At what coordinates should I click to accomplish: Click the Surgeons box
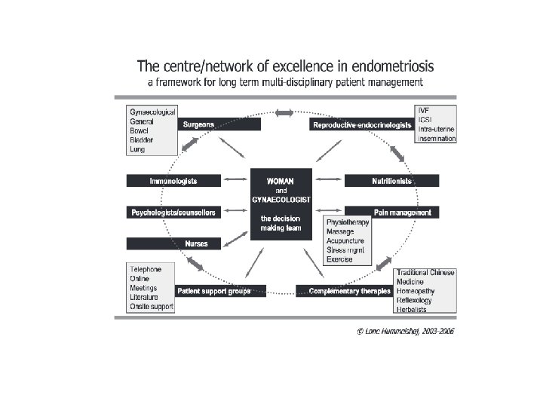pos(219,124)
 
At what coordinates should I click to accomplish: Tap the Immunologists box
pos(173,181)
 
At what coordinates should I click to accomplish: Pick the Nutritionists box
pos(391,181)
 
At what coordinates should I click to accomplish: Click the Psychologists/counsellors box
pos(173,213)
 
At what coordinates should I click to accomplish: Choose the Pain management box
pos(391,213)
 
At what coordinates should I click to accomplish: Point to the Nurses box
pos(173,243)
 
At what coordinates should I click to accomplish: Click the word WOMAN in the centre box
pos(281,181)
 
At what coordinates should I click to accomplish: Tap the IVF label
pos(425,110)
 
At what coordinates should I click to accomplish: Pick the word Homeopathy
pos(419,291)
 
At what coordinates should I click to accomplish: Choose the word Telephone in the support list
pos(146,269)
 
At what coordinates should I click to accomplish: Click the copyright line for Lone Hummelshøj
pos(406,330)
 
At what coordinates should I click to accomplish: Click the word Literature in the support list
pos(144,297)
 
